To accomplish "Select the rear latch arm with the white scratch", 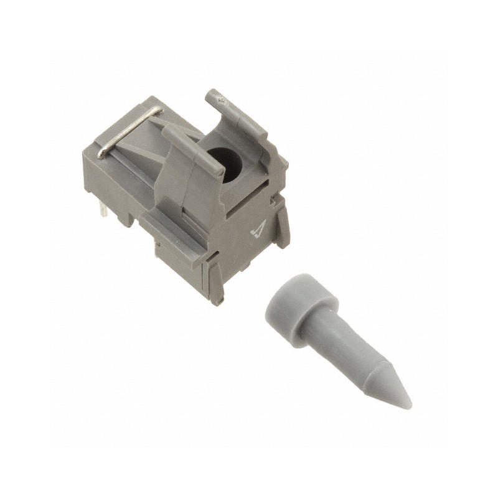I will [240, 115].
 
